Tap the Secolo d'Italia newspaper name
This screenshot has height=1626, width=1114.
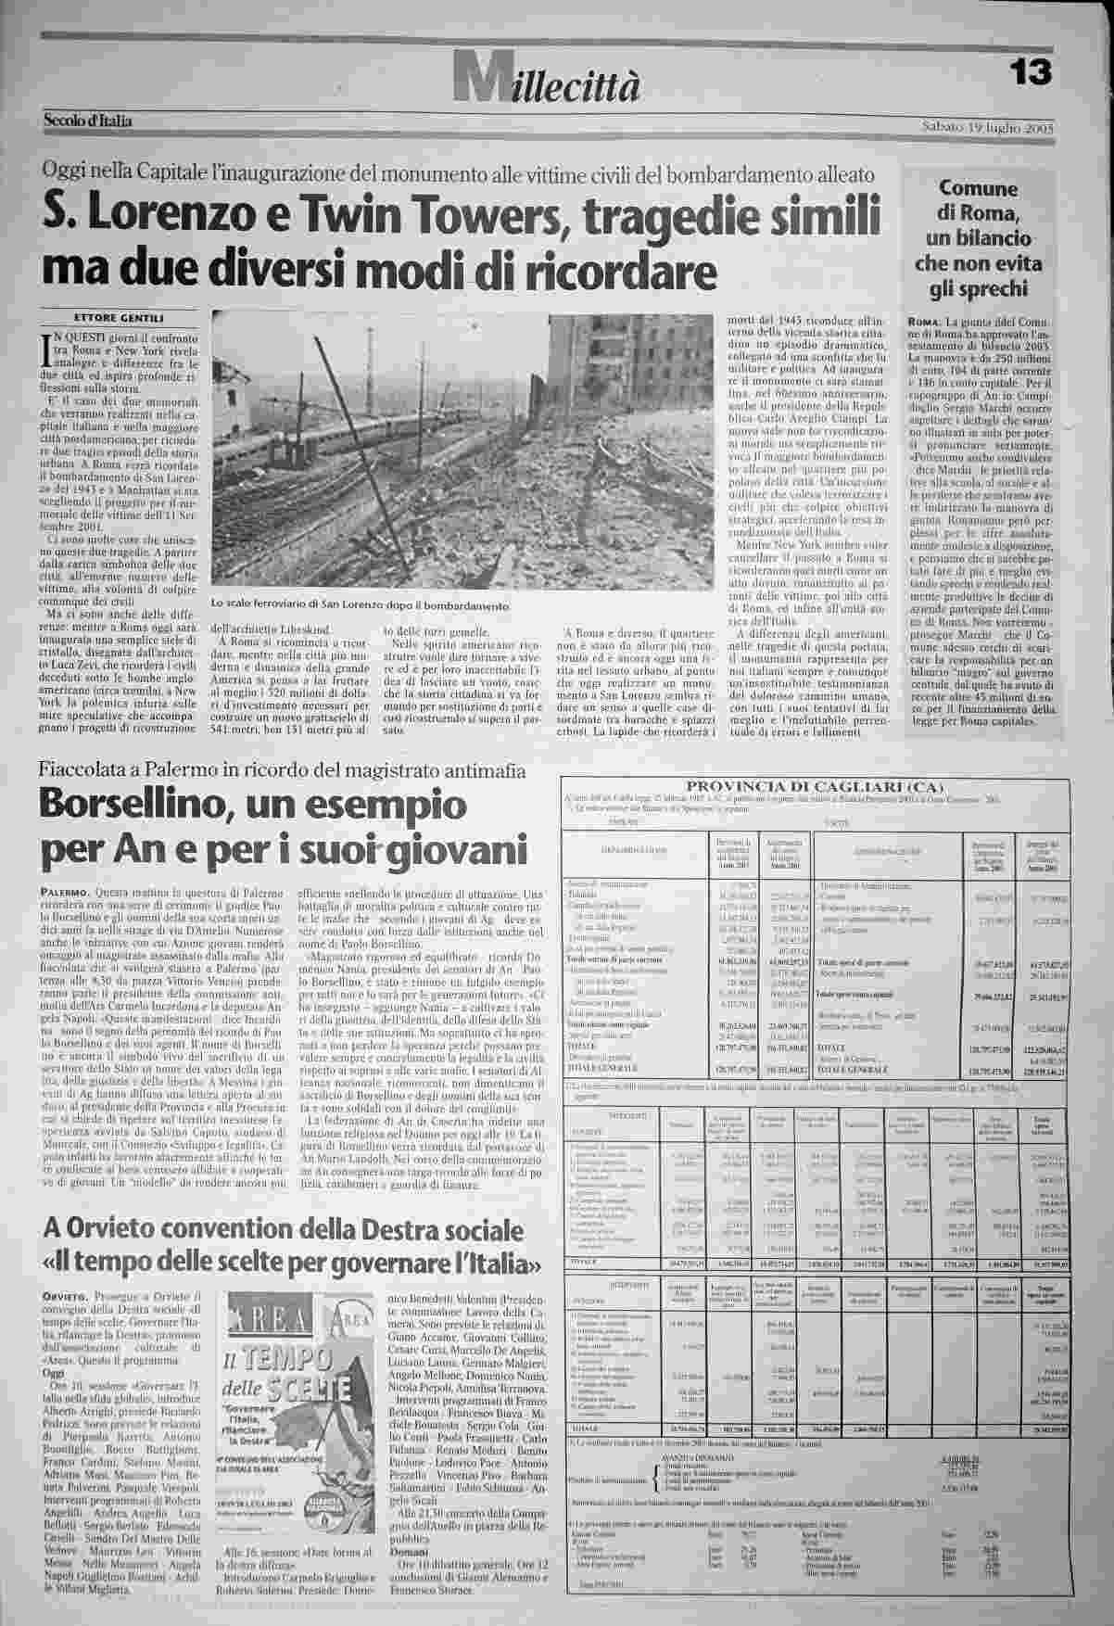coord(87,121)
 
